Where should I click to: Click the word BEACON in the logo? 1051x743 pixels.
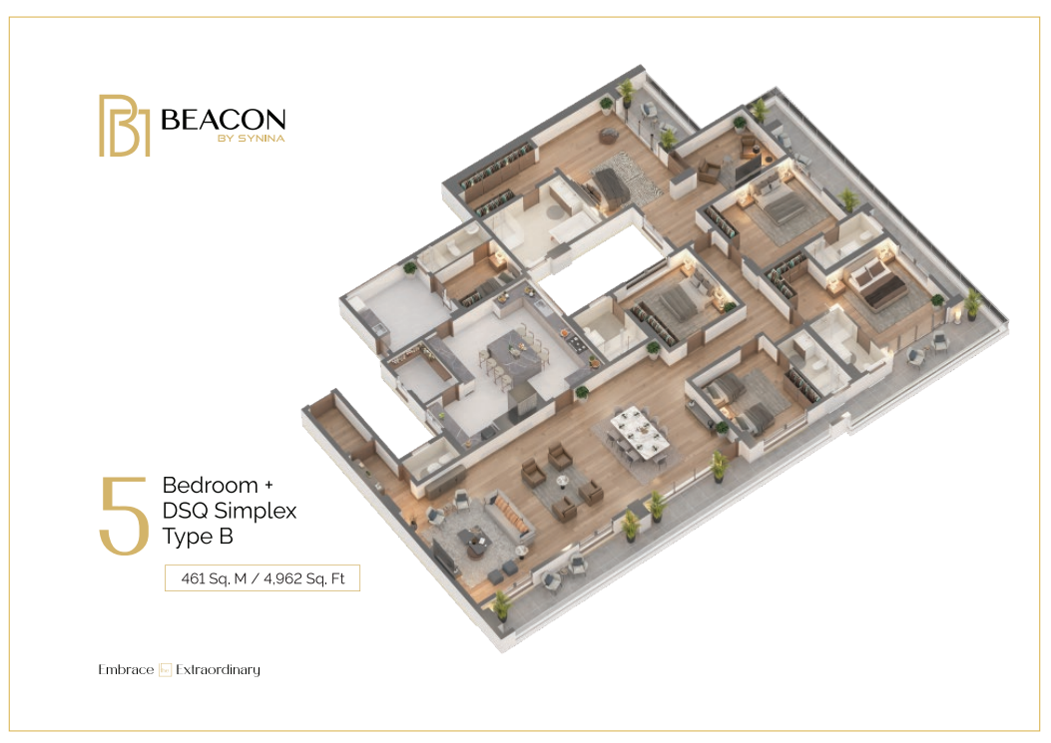point(224,120)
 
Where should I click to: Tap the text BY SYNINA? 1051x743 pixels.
point(251,139)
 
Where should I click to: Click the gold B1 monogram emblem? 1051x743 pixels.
point(124,126)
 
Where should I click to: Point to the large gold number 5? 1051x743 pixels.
point(124,516)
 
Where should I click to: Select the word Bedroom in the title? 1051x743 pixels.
point(210,485)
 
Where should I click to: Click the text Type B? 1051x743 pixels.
point(198,537)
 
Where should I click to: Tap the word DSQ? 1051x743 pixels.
point(184,511)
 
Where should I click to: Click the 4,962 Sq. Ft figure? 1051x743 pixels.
point(304,578)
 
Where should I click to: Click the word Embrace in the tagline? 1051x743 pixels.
point(126,670)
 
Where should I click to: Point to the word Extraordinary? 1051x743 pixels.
point(218,670)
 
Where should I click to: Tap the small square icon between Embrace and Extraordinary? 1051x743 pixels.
point(165,670)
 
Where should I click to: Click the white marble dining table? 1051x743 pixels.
point(640,432)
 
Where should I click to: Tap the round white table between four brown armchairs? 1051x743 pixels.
point(563,481)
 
